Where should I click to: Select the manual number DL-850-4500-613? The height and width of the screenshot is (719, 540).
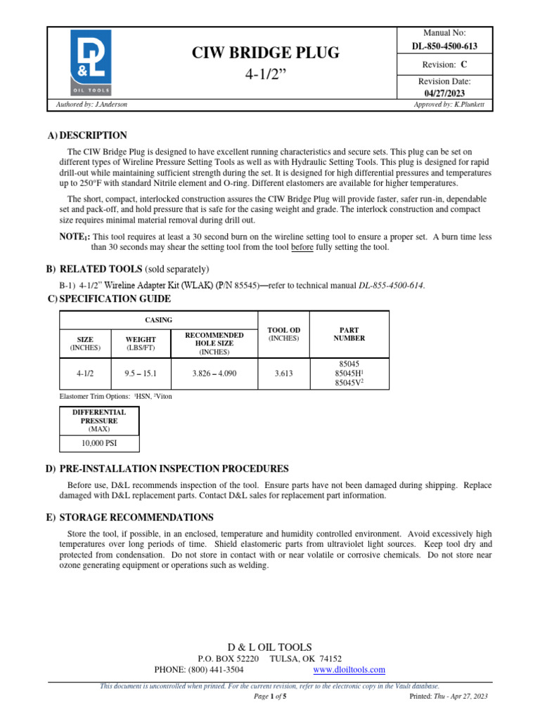click(444, 46)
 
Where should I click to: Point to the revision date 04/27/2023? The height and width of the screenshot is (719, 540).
click(444, 93)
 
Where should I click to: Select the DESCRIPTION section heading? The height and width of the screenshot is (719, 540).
click(94, 136)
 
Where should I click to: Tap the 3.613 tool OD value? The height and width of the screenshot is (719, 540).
click(284, 374)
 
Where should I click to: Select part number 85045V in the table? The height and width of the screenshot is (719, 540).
click(348, 384)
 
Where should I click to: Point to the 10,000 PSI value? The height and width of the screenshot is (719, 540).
click(99, 444)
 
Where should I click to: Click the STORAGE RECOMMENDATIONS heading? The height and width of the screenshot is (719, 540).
click(136, 517)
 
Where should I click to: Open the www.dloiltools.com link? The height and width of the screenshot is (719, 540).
click(349, 670)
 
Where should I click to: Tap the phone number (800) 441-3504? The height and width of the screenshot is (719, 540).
click(211, 670)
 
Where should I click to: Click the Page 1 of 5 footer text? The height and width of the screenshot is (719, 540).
click(270, 697)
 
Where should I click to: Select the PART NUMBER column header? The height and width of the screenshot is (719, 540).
click(349, 334)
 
